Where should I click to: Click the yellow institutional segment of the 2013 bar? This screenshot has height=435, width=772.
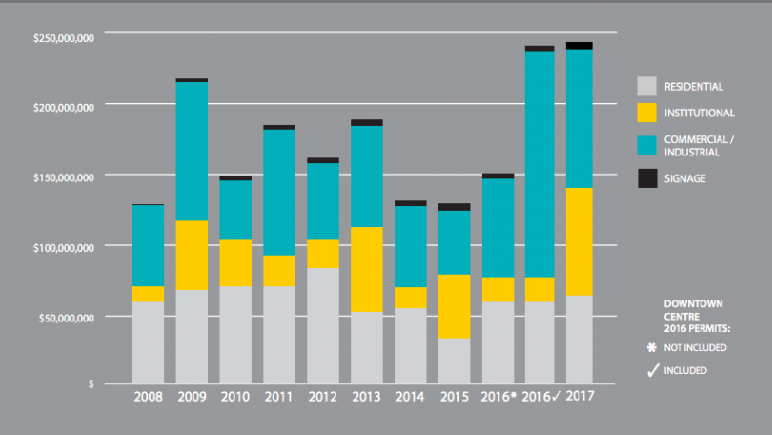pos(367,269)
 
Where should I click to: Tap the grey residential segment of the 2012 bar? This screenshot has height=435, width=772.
pos(323,325)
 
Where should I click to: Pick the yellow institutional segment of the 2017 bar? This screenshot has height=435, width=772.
pos(579,241)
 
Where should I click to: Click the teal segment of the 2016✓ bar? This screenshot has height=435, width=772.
pos(539,163)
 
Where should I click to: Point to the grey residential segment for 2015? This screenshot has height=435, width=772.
pos(454,361)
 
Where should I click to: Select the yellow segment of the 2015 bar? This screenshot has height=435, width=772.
pos(454,306)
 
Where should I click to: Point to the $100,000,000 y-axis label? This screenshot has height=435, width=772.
pos(64,247)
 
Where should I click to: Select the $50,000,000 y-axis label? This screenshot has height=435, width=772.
pos(66,317)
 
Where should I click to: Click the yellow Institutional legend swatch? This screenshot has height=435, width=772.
pos(647,113)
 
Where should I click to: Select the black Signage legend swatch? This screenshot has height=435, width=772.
pos(647,178)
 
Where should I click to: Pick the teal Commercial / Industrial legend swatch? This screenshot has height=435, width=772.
pos(647,144)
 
